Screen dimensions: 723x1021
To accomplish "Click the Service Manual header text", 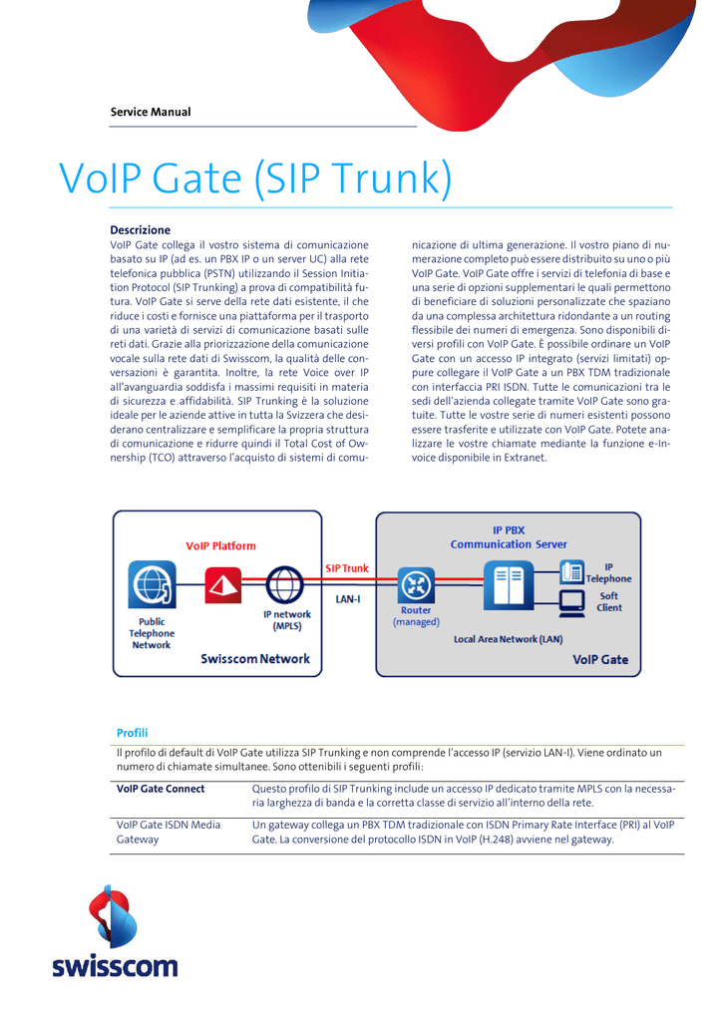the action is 151,112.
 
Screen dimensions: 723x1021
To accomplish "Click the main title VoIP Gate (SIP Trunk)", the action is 255,178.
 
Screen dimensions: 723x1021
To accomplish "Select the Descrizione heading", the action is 140,230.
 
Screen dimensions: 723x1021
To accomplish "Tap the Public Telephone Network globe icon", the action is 152,584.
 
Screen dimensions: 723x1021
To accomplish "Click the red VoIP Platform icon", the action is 223,584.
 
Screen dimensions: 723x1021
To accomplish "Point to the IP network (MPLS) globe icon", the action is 284,584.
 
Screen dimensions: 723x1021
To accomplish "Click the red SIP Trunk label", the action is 347,568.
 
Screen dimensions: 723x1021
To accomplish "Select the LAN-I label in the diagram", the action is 348,599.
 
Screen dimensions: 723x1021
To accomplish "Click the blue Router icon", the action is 416,584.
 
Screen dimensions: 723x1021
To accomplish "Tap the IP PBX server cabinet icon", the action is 509,585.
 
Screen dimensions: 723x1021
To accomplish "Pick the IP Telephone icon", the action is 571,572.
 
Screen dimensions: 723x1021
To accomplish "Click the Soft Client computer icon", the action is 571,603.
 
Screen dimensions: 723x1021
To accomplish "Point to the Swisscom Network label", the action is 255,659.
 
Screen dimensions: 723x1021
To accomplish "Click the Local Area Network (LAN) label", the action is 508,639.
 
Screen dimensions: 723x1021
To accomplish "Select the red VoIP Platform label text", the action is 220,546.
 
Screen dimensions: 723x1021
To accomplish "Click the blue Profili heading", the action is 133,733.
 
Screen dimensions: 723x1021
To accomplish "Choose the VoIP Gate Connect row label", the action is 161,789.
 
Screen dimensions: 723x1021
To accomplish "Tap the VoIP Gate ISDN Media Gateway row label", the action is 169,832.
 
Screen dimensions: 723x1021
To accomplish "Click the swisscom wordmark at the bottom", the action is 115,965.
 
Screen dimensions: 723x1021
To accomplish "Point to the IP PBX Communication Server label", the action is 509,537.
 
